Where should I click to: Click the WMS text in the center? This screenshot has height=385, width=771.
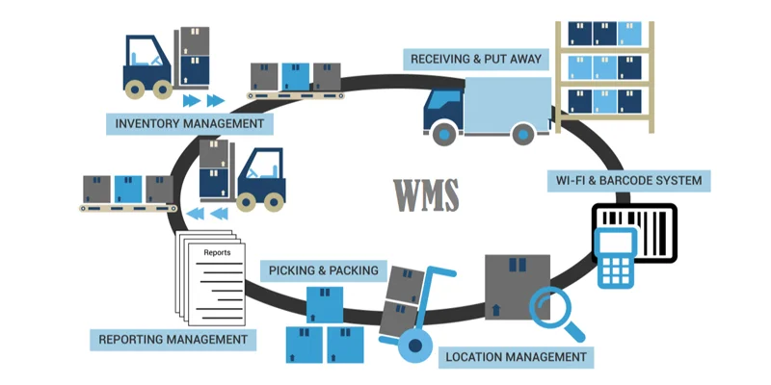425,195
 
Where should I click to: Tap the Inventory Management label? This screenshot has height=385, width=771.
189,123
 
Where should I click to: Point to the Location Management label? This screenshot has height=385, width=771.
515,356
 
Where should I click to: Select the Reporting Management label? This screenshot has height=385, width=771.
173,339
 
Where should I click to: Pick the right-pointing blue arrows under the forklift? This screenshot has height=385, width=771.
202,100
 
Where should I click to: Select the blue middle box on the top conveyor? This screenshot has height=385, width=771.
296,75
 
